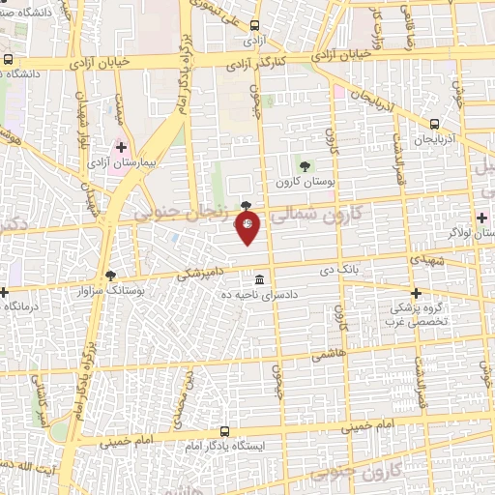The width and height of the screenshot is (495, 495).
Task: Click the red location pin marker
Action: [x=247, y=225]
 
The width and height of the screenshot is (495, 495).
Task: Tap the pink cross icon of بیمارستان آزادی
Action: [x=121, y=149]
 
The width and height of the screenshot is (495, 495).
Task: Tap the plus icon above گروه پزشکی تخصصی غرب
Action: [x=416, y=293]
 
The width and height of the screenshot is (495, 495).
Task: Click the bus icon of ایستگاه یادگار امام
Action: [x=225, y=431]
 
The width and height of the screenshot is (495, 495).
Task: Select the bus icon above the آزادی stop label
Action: [x=254, y=27]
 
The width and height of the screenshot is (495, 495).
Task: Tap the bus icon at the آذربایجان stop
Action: [x=434, y=124]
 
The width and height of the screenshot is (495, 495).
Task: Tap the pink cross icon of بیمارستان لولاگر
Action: [x=481, y=217]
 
